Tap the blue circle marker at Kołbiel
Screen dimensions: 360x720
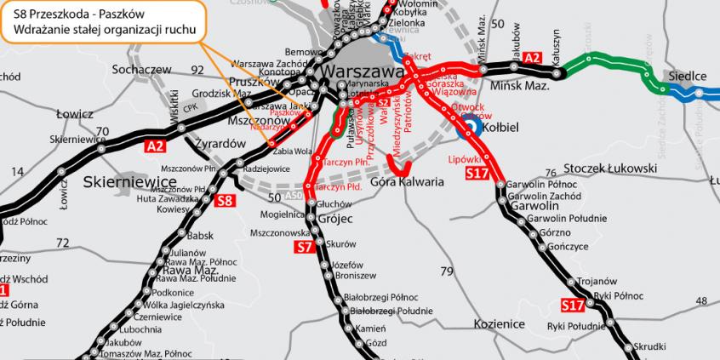coord(467,129)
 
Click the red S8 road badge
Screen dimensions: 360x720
coord(224,202)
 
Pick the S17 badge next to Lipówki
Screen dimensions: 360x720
coord(477,174)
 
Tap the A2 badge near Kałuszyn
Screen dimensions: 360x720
coord(532,57)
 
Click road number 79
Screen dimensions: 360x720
coord(448,272)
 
